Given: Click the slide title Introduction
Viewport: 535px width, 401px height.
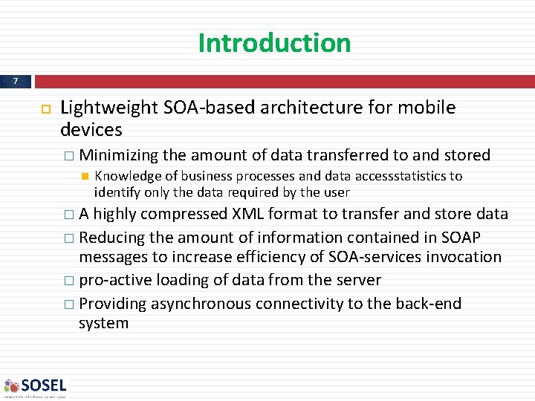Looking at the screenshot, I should coord(274,43).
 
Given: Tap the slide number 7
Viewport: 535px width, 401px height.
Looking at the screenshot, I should coord(16,81).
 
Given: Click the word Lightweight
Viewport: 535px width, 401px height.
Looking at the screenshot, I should coord(108,108).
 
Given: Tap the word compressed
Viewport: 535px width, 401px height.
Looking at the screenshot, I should coord(185,215).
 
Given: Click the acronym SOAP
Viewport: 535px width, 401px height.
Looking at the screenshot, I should coord(462,238).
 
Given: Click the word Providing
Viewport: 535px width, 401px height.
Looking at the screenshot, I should coord(112,304).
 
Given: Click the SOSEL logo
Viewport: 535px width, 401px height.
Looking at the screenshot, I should coord(35,386).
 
